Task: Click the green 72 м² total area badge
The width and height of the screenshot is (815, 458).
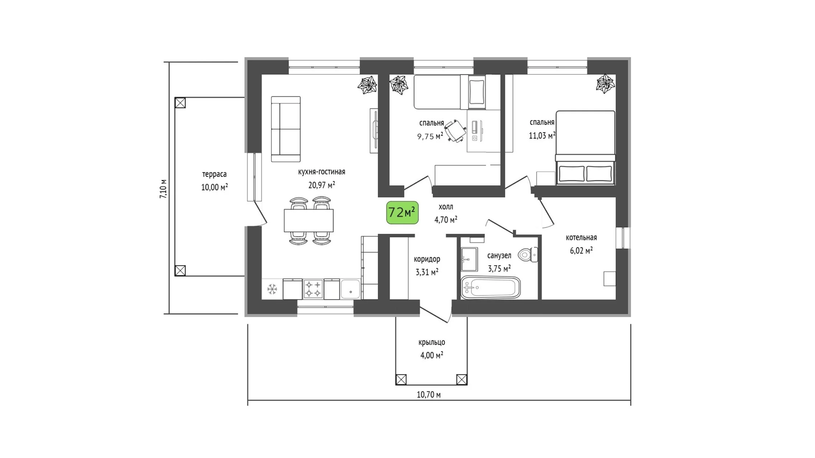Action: pos(402,213)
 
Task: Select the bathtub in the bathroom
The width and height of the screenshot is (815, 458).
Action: pos(490,288)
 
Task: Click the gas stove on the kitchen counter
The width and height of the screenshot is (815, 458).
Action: pos(313,289)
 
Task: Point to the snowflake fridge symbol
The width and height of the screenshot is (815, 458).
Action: pos(272,289)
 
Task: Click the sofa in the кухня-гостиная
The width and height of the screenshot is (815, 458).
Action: pos(286,129)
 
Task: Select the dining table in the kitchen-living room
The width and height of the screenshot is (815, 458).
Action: pos(309,220)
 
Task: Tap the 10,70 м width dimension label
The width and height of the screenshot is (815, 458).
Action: pos(429,395)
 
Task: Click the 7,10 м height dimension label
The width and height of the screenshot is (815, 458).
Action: pos(163,188)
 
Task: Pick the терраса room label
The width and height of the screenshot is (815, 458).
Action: pos(214,174)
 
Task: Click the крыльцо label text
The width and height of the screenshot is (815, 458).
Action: pos(432,343)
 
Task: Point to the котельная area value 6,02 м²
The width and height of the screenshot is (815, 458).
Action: pos(581,250)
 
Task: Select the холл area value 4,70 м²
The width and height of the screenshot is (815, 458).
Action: pos(446,219)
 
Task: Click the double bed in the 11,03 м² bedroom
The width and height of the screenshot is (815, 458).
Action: pos(585,147)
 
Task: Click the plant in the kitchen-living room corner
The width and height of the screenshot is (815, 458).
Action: pos(367,85)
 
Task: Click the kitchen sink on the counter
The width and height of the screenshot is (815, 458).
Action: pos(350,289)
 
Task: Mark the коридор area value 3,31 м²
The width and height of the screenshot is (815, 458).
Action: pos(427,272)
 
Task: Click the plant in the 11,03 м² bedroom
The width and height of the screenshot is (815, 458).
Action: pos(605,83)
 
